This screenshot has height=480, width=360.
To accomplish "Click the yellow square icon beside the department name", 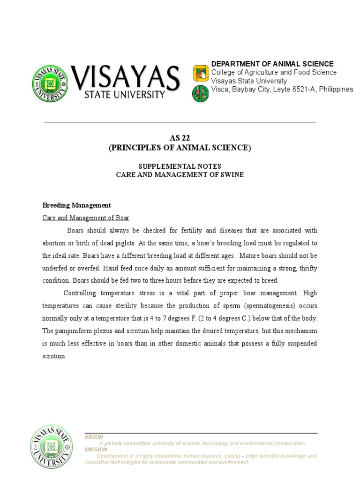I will click(x=200, y=73).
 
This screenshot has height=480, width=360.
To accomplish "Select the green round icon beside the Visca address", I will click(x=200, y=93).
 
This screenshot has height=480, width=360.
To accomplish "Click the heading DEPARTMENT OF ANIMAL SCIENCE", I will click(x=272, y=64).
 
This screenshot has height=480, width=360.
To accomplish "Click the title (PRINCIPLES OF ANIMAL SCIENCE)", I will click(x=180, y=148).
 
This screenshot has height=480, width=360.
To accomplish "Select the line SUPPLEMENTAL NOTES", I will click(x=180, y=166).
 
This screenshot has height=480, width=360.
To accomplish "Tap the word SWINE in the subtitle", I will click(x=232, y=174).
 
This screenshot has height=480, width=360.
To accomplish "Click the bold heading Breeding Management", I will click(x=77, y=205).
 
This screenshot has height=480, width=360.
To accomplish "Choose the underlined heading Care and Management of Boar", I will click(x=86, y=218).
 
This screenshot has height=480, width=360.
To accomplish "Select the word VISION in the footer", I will click(x=94, y=437).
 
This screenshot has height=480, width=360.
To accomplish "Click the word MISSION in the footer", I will click(x=96, y=450).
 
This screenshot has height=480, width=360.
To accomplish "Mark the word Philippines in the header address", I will click(x=335, y=89).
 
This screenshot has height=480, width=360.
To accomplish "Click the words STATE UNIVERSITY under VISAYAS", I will click(x=124, y=95).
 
